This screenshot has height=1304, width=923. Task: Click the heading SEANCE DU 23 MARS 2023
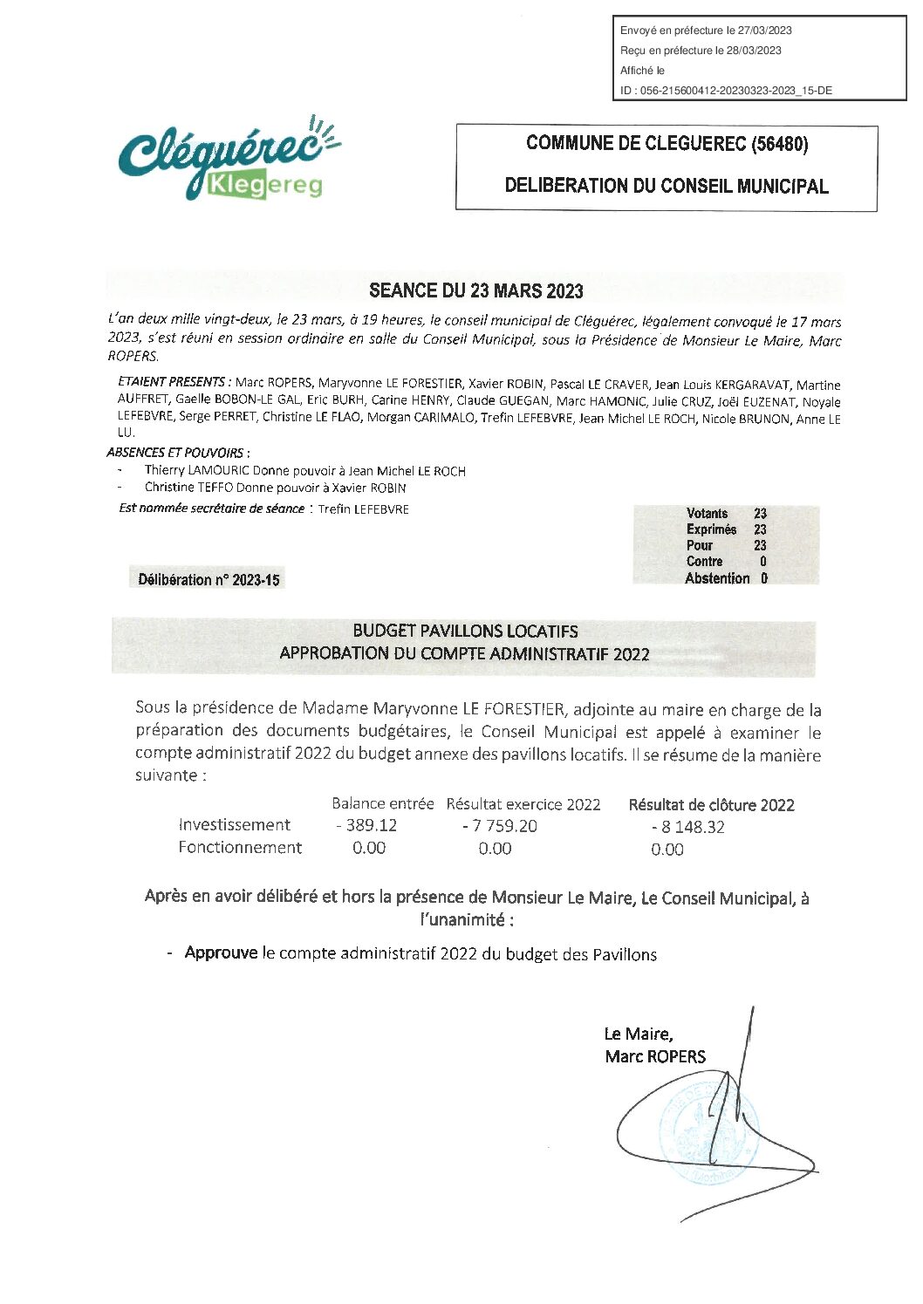click(475, 290)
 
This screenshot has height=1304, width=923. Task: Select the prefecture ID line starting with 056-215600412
click(726, 91)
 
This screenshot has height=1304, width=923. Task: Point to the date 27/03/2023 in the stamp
click(764, 31)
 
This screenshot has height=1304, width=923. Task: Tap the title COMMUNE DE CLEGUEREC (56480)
click(667, 144)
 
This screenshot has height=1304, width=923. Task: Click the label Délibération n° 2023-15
click(209, 580)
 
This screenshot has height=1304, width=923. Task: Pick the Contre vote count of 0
click(763, 562)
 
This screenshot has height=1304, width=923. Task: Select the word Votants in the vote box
click(707, 514)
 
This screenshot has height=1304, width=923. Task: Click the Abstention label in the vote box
click(717, 578)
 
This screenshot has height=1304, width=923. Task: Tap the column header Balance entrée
click(382, 803)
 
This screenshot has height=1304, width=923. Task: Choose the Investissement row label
click(234, 825)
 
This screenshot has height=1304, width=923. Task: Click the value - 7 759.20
click(500, 826)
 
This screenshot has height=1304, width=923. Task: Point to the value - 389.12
click(366, 825)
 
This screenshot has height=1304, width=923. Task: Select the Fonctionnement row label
click(240, 847)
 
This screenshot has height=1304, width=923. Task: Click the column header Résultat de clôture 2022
click(711, 805)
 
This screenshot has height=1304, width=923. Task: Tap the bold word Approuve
click(221, 952)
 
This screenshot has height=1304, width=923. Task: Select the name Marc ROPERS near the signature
click(655, 1056)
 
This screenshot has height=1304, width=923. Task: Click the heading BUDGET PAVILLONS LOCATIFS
click(465, 631)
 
